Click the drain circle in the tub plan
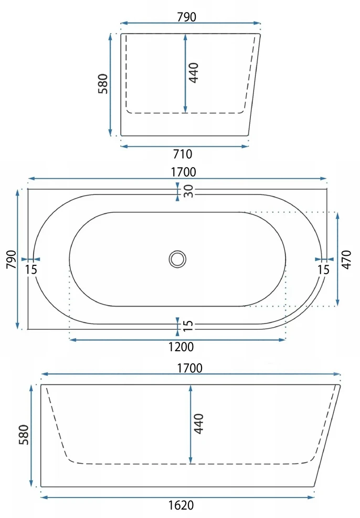point(177,259)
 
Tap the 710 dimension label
point(183,154)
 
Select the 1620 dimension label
point(181,505)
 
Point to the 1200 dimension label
point(181,347)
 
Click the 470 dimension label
point(346,260)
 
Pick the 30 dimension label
point(188,191)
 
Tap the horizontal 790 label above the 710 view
point(186,17)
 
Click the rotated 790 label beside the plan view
point(11,260)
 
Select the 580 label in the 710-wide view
point(103,84)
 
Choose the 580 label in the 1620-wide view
point(24,435)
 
